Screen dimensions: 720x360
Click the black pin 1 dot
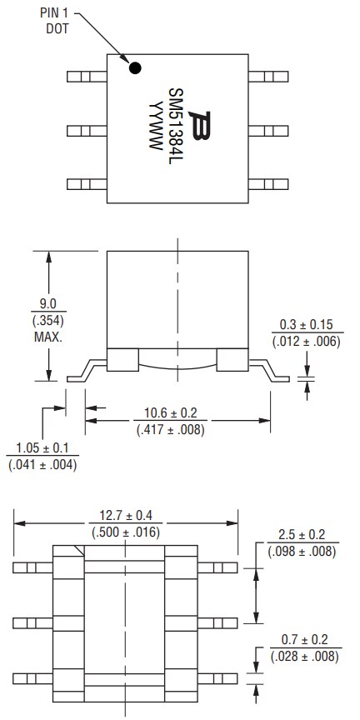134,68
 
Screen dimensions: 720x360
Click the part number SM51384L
176,125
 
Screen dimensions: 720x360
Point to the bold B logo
198,126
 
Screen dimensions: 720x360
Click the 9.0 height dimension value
49,305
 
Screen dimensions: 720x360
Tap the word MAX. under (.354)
49,337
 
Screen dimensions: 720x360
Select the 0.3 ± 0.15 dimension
306,324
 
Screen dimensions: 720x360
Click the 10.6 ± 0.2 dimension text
171,414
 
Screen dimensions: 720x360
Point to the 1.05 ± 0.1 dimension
41,448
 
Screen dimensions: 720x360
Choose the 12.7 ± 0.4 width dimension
127,516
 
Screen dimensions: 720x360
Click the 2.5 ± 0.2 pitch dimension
302,535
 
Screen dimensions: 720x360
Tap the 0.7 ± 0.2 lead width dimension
302,640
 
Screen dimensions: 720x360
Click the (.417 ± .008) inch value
171,430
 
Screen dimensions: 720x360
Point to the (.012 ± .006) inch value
306,340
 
